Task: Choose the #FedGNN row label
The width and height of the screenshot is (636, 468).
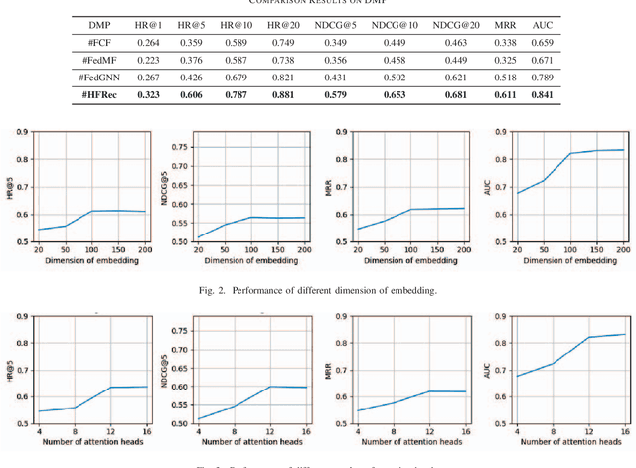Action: tap(102, 78)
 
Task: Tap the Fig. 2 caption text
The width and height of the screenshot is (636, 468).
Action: tap(318, 290)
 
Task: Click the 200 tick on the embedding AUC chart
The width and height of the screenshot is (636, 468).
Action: tap(623, 248)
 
